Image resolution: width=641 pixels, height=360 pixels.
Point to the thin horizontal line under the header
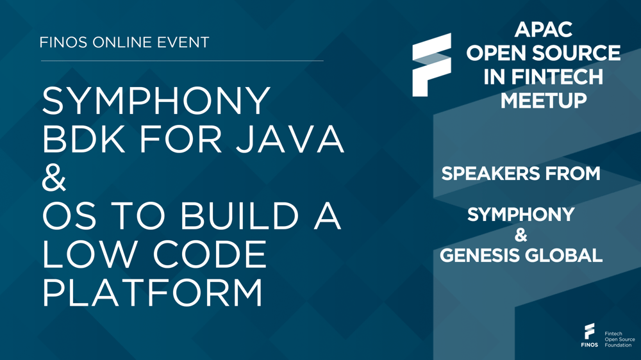pos(182,61)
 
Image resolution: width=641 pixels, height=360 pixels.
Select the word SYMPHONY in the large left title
pos(157,101)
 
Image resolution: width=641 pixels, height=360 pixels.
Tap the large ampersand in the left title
pos(54,180)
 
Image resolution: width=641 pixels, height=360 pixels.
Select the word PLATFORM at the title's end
pos(153,293)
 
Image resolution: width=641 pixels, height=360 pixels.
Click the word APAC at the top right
pos(543,29)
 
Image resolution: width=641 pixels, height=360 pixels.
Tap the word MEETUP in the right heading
pos(543,101)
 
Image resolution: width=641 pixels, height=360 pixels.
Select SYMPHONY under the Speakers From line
pos(520,215)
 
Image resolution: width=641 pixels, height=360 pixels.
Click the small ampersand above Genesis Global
pos(521,236)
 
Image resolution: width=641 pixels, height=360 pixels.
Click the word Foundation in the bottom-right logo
pos(618,345)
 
